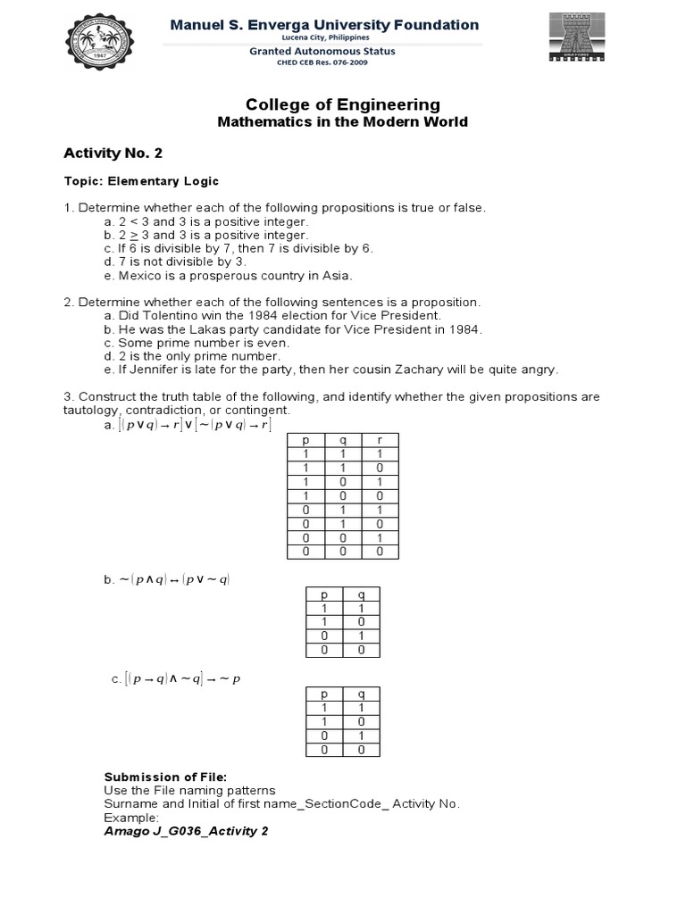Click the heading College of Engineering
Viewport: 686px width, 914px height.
click(343, 105)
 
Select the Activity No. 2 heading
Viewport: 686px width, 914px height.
click(113, 153)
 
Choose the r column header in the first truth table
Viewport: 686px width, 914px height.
click(380, 440)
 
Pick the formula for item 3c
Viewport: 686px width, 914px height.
click(182, 679)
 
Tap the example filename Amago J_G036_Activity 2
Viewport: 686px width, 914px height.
click(186, 831)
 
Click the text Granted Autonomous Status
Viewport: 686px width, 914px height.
click(323, 52)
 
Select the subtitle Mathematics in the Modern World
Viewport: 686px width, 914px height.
click(343, 122)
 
